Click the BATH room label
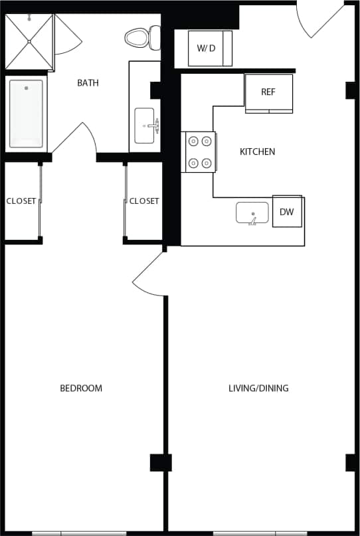(x=88, y=83)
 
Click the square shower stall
(x=29, y=42)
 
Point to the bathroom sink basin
(x=145, y=126)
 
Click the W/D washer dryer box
(x=209, y=48)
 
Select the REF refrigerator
(x=268, y=92)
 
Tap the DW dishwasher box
(x=286, y=212)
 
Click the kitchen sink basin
(x=252, y=213)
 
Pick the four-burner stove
(x=200, y=151)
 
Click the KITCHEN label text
(x=257, y=151)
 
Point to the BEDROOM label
(x=81, y=388)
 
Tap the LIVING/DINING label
(x=258, y=388)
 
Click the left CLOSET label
(x=21, y=201)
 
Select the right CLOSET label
(x=144, y=201)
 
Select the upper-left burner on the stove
(x=193, y=141)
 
